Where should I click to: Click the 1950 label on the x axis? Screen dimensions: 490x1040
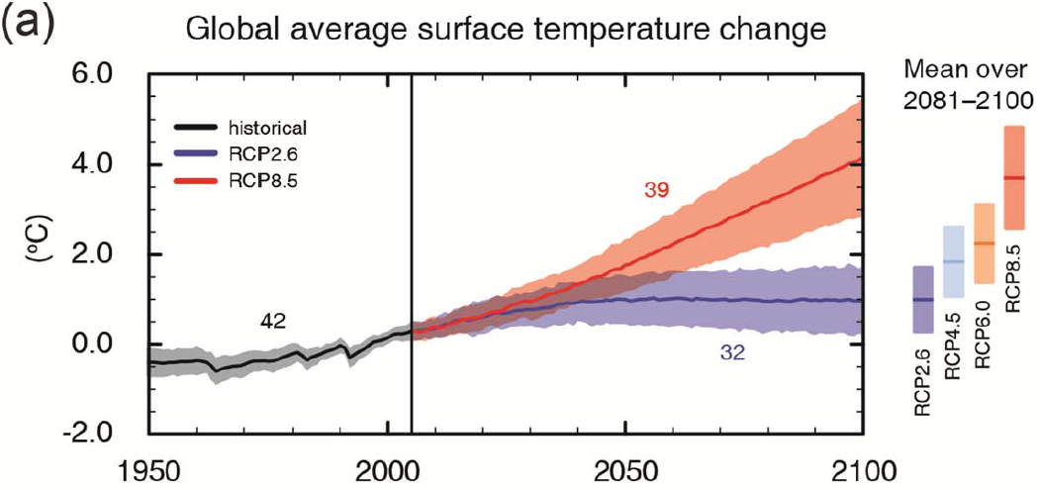(x=148, y=469)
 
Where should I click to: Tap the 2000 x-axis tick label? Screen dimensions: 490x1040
(x=387, y=469)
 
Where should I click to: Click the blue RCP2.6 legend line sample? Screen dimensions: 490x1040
(x=194, y=152)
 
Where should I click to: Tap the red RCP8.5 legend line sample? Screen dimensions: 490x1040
(x=194, y=178)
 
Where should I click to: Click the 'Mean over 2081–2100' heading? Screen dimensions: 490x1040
(x=967, y=84)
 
